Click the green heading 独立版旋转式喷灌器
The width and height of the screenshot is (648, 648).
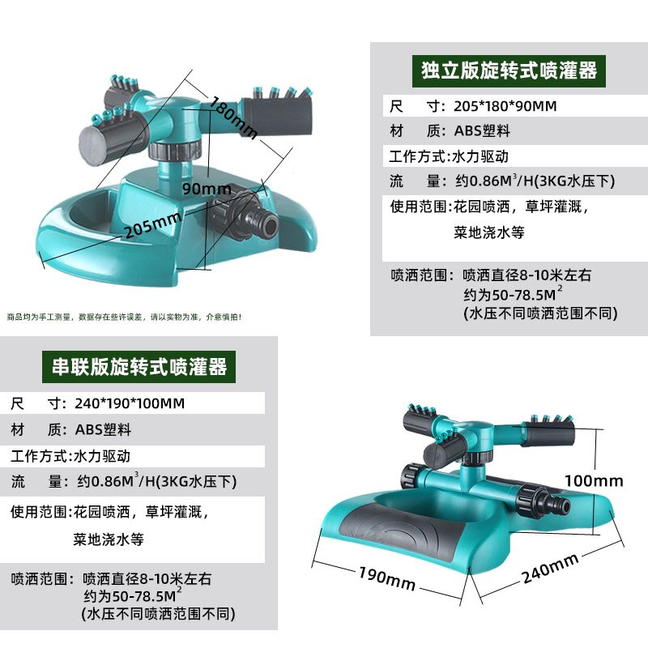click(509, 70)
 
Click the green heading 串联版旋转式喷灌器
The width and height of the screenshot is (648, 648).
click(137, 366)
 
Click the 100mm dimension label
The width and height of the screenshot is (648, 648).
click(594, 480)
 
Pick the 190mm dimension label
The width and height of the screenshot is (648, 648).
click(386, 578)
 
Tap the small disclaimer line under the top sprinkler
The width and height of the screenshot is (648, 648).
click(124, 317)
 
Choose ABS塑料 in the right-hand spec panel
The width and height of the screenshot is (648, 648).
click(481, 131)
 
